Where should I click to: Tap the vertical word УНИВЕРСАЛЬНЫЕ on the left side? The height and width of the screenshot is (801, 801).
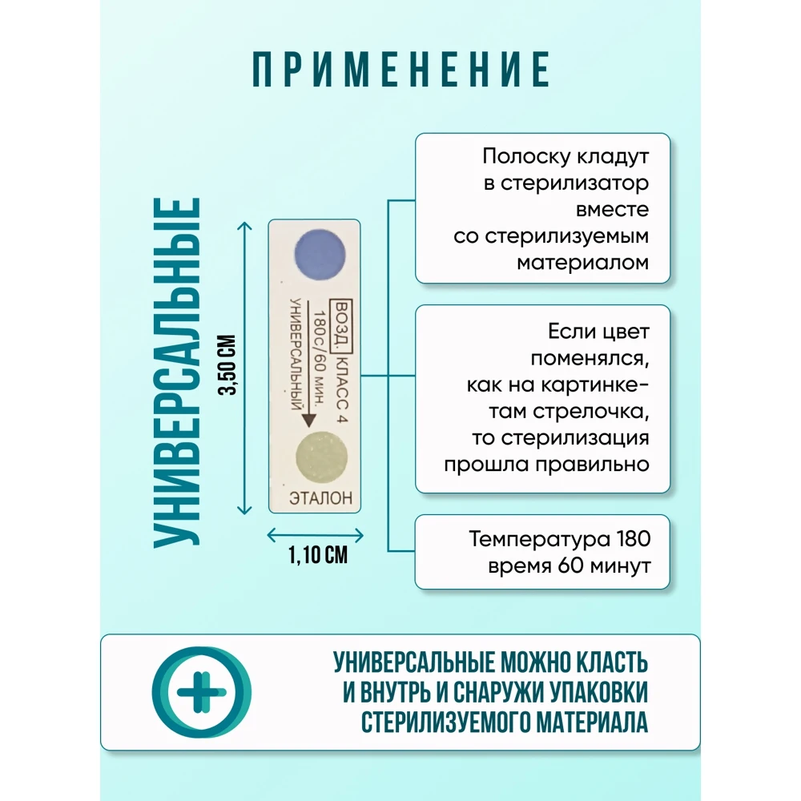[176, 372]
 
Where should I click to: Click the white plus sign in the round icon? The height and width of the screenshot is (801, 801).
[201, 691]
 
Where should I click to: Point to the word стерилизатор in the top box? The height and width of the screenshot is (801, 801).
[574, 183]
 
